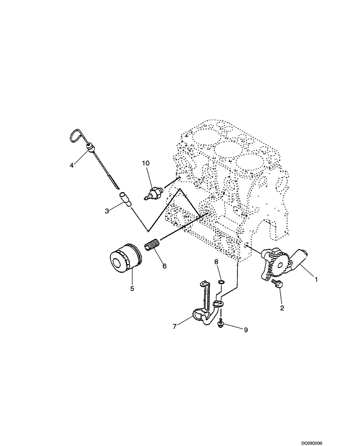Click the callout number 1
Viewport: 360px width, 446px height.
click(317, 280)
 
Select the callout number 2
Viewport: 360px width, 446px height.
click(281, 307)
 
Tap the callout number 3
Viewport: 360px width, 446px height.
click(107, 211)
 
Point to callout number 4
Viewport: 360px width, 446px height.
click(71, 165)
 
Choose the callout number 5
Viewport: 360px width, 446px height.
click(132, 288)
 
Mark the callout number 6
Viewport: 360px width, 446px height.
click(164, 266)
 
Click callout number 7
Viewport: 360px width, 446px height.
click(175, 326)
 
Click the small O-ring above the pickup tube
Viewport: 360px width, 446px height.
click(221, 282)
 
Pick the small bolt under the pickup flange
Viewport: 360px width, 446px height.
click(220, 326)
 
